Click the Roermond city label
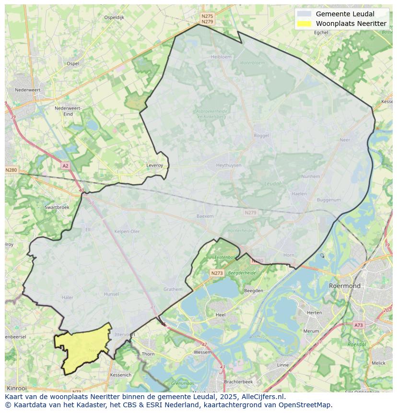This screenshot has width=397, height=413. pyautogui.click(x=345, y=285)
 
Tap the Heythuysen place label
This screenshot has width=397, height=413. pyautogui.click(x=229, y=165)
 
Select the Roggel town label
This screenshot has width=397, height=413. pyautogui.click(x=261, y=136)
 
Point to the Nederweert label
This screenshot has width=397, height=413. pyautogui.click(x=27, y=90)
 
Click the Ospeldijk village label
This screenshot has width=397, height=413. pyautogui.click(x=114, y=17)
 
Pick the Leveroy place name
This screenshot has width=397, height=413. pyautogui.click(x=154, y=165)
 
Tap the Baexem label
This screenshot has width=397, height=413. pyautogui.click(x=205, y=216)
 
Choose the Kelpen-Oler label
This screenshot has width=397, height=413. pyautogui.click(x=127, y=231)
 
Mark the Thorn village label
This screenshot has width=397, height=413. pyautogui.click(x=148, y=354)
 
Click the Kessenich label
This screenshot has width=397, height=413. pyautogui.click(x=120, y=375)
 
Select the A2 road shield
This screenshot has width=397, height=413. pyautogui.click(x=65, y=166)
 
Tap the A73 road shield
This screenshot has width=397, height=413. pyautogui.click(x=358, y=325)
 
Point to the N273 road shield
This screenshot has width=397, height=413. pyautogui.click(x=217, y=273)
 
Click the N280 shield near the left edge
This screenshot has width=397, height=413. pyautogui.click(x=11, y=170)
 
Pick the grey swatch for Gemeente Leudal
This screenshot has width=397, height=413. pyautogui.click(x=304, y=14)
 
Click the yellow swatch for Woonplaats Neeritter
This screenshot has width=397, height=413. pyautogui.click(x=304, y=24)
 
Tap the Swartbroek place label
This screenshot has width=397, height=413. pyautogui.click(x=57, y=207)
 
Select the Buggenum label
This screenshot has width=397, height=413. pyautogui.click(x=329, y=200)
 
